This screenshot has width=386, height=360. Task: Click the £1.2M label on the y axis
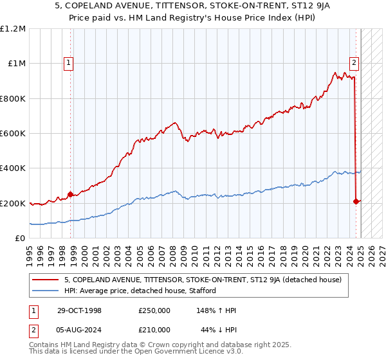[x=12, y=29]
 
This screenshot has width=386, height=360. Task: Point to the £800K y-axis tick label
[x=12, y=99]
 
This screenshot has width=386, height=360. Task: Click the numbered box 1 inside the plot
[x=69, y=63]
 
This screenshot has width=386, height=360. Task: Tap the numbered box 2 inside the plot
[x=354, y=63]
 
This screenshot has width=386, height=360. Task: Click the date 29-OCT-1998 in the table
[x=75, y=310]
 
